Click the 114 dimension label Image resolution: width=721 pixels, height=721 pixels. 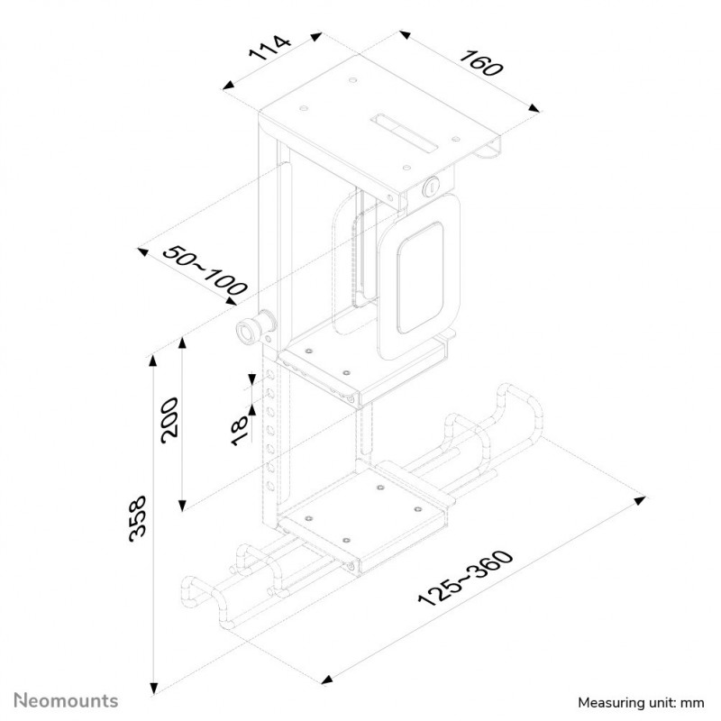[269, 48]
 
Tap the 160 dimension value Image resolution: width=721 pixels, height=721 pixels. [482, 63]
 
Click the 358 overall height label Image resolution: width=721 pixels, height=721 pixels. [138, 519]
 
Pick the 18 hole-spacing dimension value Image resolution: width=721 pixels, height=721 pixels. [240, 430]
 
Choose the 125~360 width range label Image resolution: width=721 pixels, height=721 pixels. [465, 578]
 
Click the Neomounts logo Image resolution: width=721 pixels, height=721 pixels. [66, 700]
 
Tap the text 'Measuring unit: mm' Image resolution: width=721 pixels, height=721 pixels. [641, 703]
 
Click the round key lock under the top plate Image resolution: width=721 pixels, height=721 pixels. [432, 187]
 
